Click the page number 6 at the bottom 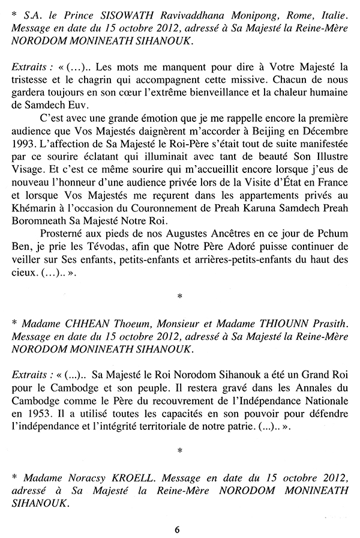point(177,528)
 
